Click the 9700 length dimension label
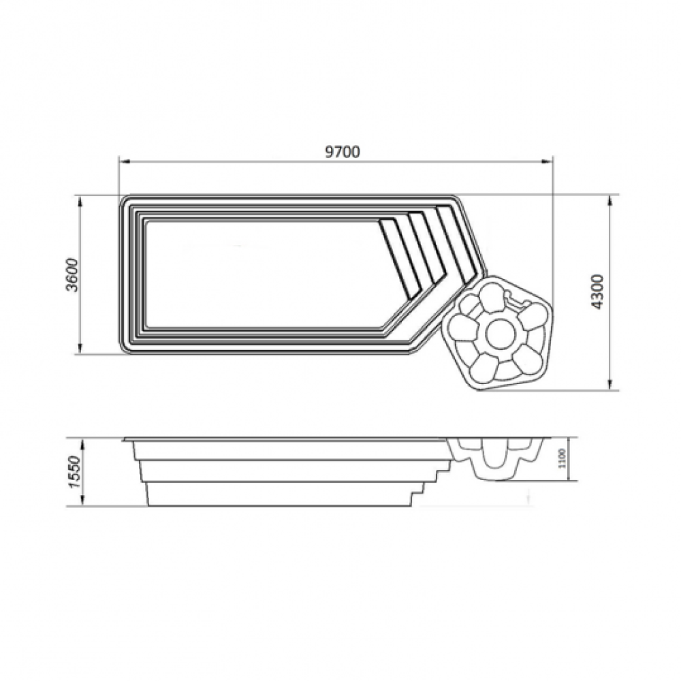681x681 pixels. (x=343, y=152)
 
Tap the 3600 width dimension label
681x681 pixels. (x=72, y=275)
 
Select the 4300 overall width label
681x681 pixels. (x=598, y=291)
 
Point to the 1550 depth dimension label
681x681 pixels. (x=74, y=472)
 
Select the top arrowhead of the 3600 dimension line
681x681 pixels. (x=80, y=202)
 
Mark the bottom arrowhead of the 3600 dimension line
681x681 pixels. (x=80, y=348)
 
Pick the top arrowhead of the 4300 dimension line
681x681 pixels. (x=610, y=202)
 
